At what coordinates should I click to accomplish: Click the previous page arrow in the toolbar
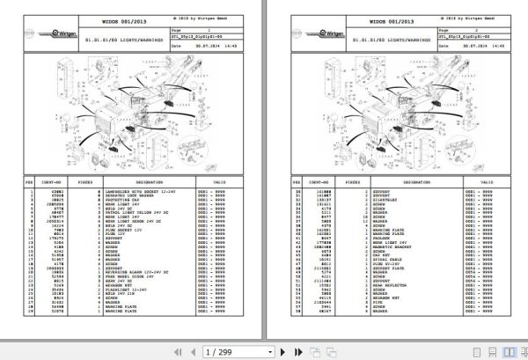click(189, 349)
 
